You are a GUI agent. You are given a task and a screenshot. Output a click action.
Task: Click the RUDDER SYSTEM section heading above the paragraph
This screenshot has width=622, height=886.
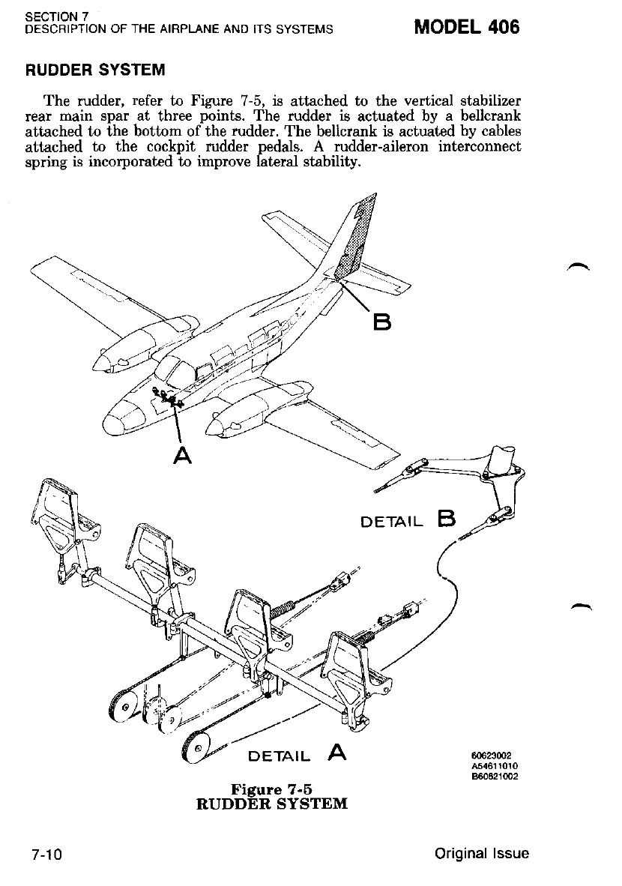click(95, 70)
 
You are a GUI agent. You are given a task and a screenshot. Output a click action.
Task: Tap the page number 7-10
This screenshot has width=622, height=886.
click(46, 855)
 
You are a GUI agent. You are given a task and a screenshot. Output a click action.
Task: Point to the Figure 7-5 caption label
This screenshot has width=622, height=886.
click(272, 789)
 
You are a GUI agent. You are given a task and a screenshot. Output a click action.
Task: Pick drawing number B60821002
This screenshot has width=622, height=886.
click(495, 776)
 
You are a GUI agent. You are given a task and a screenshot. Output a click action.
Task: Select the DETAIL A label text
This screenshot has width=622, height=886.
click(297, 753)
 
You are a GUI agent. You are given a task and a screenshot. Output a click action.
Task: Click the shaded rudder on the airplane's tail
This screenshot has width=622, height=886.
click(357, 240)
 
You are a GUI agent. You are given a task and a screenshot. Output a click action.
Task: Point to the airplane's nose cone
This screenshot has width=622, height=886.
click(118, 420)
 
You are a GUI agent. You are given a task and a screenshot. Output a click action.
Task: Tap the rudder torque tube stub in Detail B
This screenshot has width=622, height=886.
click(503, 458)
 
